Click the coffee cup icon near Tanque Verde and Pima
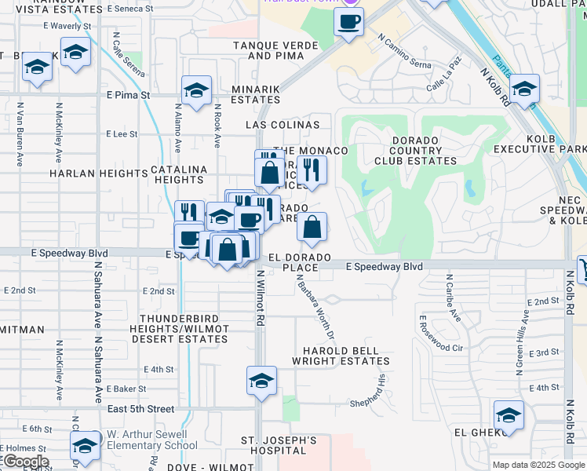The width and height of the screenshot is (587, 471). [348, 21]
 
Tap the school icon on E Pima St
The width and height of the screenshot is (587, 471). [196, 90]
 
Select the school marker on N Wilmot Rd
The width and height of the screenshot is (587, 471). [261, 381]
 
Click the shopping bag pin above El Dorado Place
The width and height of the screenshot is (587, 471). [312, 228]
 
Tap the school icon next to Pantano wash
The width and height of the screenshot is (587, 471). [523, 88]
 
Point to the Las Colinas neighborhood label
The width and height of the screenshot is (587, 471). [283, 125]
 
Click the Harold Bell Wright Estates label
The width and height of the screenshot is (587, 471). [335, 356]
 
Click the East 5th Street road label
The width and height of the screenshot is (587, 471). [140, 409]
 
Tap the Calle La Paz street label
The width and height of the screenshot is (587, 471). [446, 82]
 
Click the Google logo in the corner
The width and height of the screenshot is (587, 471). [25, 462]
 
